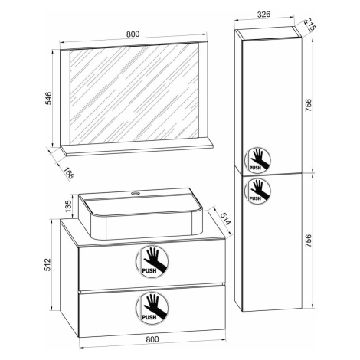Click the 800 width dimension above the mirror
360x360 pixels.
point(133,34)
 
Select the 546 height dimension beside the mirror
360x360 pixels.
point(48,98)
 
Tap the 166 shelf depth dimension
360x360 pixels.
point(68,173)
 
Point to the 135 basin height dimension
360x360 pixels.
point(68,206)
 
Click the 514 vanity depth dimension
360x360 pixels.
point(226,219)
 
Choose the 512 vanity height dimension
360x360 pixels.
point(48,265)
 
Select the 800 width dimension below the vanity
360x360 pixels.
point(152,339)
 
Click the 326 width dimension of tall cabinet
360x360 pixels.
point(263,15)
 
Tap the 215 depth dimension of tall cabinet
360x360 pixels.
point(310,25)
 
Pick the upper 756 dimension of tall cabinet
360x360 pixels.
point(309,105)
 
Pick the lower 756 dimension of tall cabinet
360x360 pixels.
point(309,241)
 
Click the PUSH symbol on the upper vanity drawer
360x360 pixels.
point(152,261)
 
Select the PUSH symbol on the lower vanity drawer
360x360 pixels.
point(152,309)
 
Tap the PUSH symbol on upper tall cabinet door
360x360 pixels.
point(257,160)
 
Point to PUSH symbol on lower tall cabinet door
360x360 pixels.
point(257,191)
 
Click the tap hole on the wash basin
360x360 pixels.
point(136,193)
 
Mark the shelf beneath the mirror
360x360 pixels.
point(136,149)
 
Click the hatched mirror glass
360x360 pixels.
point(134,93)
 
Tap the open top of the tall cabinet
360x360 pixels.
point(269,33)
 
